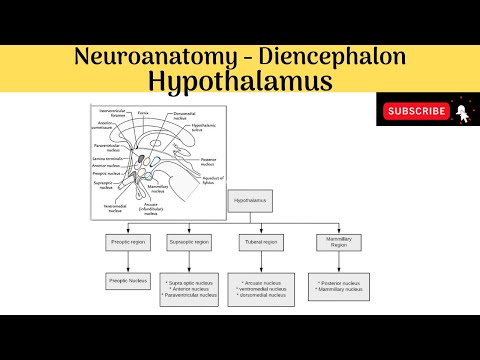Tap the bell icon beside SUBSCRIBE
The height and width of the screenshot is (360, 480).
[461, 111]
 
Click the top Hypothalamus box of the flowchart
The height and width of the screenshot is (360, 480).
[250, 200]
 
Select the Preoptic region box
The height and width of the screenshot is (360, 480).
[127, 242]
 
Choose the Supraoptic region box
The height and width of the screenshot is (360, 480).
[187, 242]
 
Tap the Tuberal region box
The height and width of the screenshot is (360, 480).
[259, 242]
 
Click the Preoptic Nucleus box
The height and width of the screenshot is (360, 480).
[127, 283]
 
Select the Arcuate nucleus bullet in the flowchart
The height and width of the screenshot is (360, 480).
[258, 283]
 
